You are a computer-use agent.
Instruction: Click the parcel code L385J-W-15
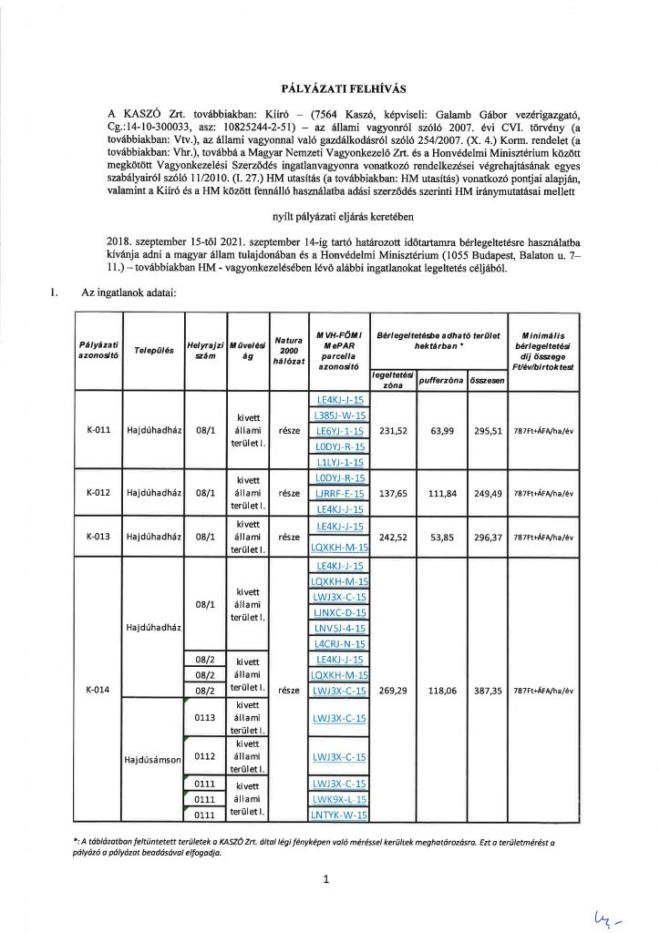click(x=339, y=415)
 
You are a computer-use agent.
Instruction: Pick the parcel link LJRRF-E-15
click(x=339, y=493)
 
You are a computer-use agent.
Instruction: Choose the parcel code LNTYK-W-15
click(x=339, y=815)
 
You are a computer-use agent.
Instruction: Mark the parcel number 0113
click(x=204, y=718)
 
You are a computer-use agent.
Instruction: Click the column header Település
click(x=154, y=350)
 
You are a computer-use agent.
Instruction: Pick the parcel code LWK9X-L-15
click(x=339, y=799)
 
